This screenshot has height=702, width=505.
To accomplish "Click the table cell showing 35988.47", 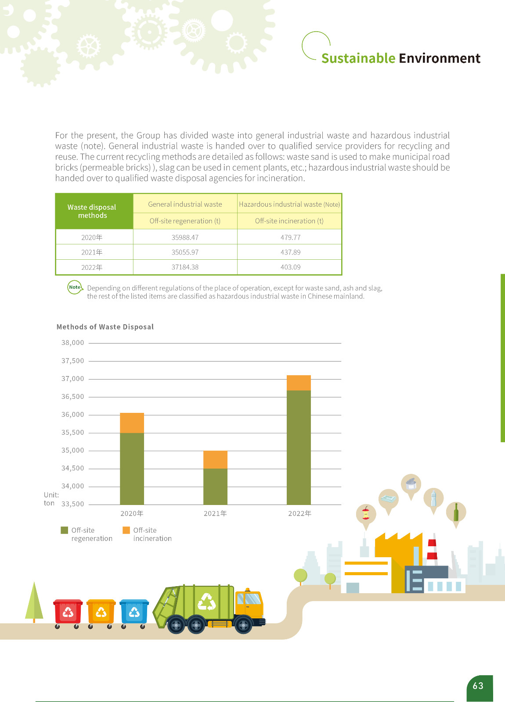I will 185,237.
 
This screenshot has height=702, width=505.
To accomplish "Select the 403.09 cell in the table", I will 290,267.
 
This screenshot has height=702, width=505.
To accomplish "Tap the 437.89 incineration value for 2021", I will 290,252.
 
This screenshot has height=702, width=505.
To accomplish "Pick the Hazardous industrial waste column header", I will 289,204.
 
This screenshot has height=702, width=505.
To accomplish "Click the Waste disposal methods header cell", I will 92,211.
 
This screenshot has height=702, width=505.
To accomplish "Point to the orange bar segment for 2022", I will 299,383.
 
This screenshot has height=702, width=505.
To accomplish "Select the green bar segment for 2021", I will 215,487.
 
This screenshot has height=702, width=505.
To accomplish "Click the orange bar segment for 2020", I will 132,423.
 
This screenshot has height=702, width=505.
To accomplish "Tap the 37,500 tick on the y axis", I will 72,361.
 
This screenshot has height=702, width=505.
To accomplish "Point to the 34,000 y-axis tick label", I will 72,486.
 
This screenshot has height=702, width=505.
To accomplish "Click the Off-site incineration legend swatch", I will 126,530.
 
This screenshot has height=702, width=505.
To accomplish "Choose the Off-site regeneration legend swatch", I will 65,530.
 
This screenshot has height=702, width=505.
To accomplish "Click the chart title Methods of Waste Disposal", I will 105,327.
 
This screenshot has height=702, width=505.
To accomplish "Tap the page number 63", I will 478,686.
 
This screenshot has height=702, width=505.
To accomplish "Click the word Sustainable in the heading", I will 358,58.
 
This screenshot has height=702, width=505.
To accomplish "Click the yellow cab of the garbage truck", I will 249,603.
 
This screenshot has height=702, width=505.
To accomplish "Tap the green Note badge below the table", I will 75,287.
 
